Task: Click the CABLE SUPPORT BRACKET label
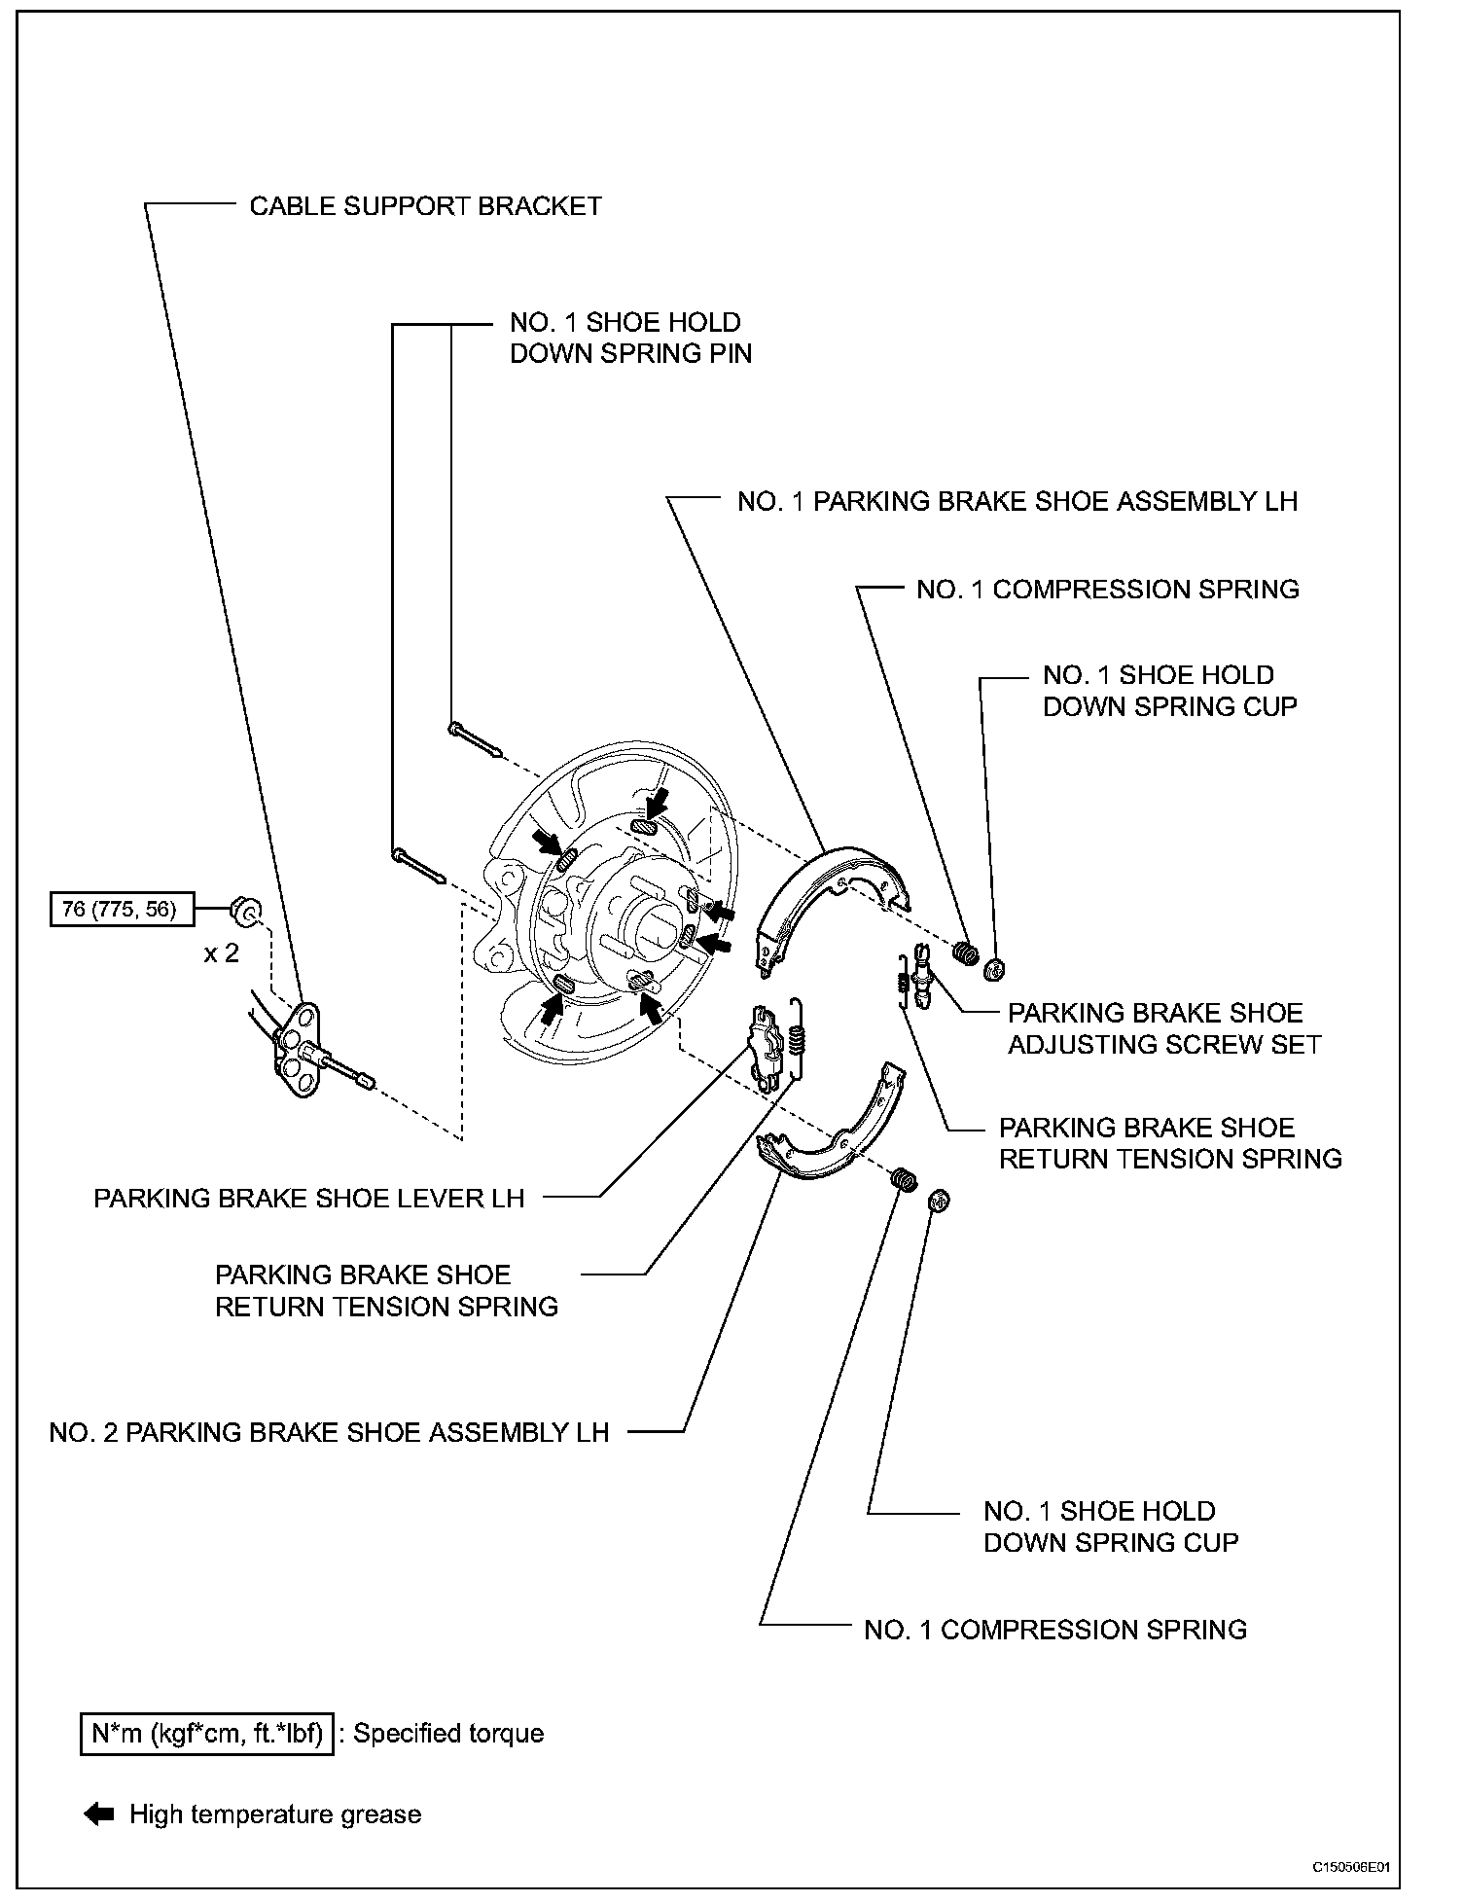[425, 206]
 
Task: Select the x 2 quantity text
[221, 953]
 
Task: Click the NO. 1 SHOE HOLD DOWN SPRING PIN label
[630, 338]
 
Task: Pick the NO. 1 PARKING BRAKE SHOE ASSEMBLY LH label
[1017, 501]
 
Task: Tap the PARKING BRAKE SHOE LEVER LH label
[308, 1198]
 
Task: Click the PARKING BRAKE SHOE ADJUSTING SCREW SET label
[1163, 1028]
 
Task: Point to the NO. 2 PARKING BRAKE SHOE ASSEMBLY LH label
[329, 1432]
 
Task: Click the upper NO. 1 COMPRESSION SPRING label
[1107, 590]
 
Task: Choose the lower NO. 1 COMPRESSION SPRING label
[1054, 1630]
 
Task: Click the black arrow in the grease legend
[99, 1814]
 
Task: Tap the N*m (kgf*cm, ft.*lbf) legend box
[207, 1734]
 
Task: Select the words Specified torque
[448, 1734]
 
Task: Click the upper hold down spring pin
[474, 738]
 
